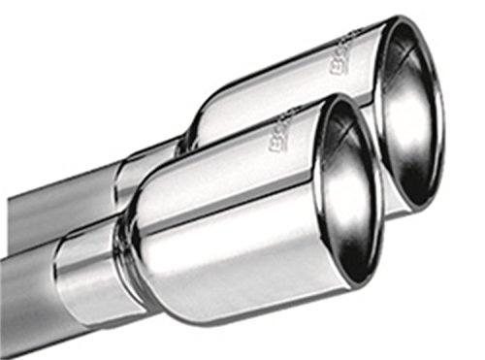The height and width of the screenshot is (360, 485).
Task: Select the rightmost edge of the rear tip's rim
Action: (441, 107)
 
